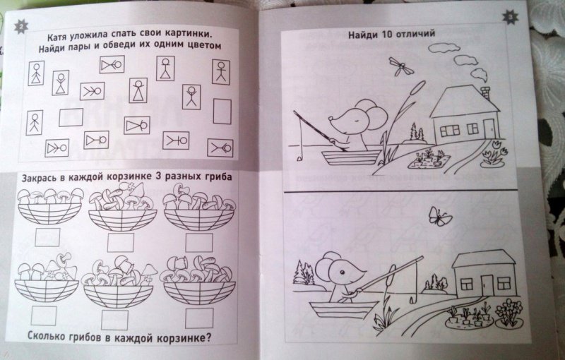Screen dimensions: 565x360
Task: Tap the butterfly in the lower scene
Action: (439, 217)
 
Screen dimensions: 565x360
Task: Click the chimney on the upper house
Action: (486, 93)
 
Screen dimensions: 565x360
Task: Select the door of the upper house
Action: (489, 129)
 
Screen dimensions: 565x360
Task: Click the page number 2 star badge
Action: (21, 27)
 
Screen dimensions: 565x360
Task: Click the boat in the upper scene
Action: (351, 157)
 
